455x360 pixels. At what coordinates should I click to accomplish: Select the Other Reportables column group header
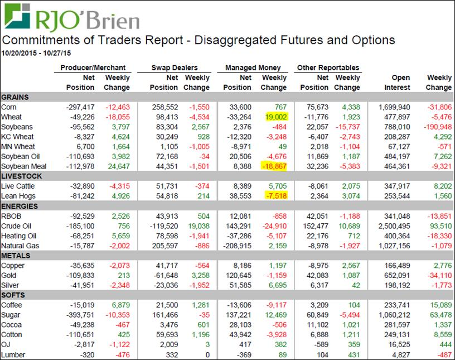[x=328, y=68]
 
